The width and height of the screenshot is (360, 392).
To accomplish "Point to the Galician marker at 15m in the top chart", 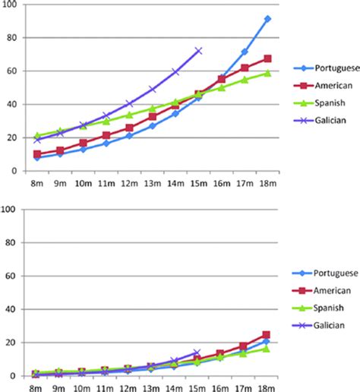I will click(199, 51).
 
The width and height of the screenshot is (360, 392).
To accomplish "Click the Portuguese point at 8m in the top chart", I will click(36, 158).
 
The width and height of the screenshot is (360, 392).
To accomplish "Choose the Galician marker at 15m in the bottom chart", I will click(199, 352).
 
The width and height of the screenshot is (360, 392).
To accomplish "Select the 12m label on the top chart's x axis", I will click(129, 183).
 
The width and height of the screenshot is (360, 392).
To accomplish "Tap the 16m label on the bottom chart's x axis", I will click(222, 387).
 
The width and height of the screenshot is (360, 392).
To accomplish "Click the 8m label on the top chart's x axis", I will click(36, 183).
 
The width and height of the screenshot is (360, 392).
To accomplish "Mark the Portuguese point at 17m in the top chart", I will click(245, 52).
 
